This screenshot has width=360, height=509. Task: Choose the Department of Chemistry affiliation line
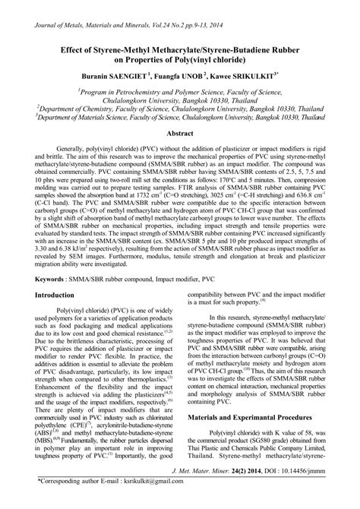click(x=178, y=108)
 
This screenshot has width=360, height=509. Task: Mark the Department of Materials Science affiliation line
click(x=179, y=118)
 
